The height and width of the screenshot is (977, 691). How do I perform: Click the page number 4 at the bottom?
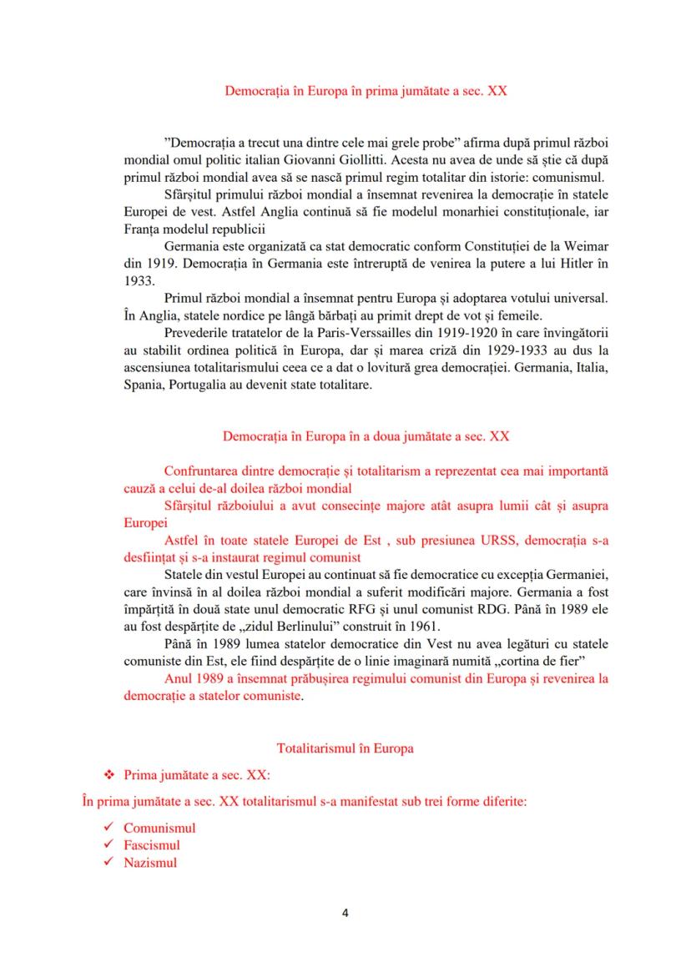pyautogui.click(x=345, y=912)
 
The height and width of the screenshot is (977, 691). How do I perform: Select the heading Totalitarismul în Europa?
pyautogui.click(x=345, y=748)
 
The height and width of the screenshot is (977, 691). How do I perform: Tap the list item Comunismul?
pyautogui.click(x=159, y=828)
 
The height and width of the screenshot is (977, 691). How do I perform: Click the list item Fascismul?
pyautogui.click(x=152, y=846)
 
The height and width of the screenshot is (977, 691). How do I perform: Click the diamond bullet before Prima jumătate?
pyautogui.click(x=106, y=775)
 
